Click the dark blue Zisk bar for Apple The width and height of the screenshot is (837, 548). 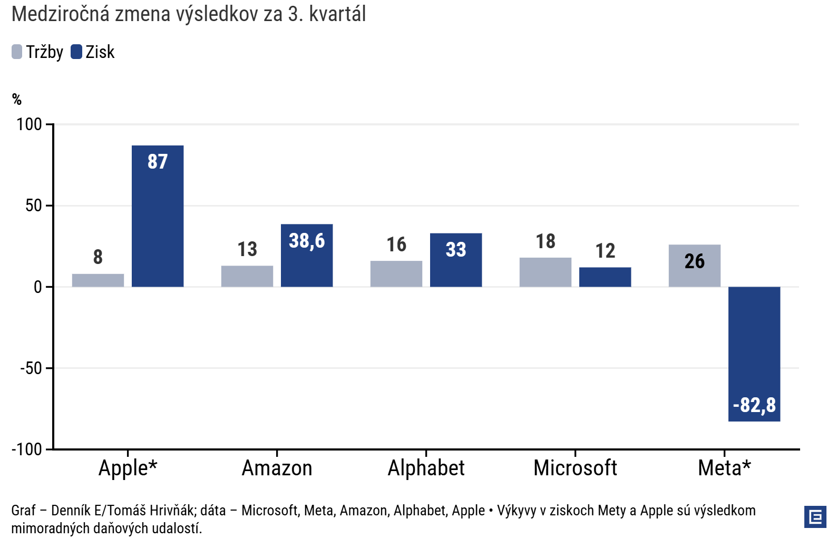(x=158, y=216)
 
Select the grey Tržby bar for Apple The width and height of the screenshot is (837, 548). (x=98, y=280)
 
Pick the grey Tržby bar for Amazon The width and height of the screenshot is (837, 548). (x=247, y=276)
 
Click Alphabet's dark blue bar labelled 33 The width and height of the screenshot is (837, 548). (x=456, y=260)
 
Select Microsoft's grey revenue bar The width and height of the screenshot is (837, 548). (x=546, y=272)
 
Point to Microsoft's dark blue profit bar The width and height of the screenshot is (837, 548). (x=605, y=277)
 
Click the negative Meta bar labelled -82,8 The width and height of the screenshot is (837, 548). (x=754, y=354)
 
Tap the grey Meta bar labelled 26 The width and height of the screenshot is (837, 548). (x=695, y=266)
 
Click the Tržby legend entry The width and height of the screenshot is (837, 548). (x=37, y=52)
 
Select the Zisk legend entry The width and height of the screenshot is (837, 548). (x=93, y=52)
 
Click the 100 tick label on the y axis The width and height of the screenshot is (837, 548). (x=29, y=124)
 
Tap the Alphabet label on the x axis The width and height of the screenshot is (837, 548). (x=426, y=468)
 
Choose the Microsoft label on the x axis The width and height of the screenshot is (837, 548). (x=575, y=468)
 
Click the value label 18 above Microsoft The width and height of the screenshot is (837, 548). (x=546, y=241)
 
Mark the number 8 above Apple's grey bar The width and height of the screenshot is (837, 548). (x=98, y=257)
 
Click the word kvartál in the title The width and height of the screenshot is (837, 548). (x=337, y=14)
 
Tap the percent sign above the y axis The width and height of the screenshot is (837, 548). (x=17, y=99)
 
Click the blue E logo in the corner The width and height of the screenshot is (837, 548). (x=815, y=516)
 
